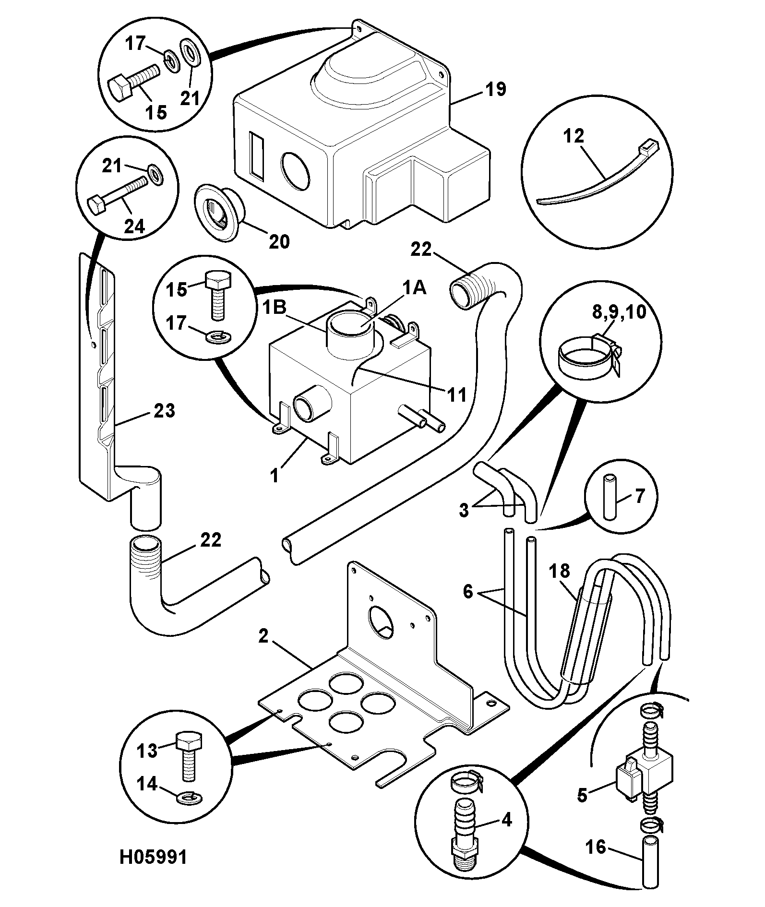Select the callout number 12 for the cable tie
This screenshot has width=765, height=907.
[x=574, y=136]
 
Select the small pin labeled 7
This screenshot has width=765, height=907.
[x=610, y=497]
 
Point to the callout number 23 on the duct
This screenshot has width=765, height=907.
[x=164, y=411]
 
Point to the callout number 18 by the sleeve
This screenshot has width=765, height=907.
[x=560, y=571]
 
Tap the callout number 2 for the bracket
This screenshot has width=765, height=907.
[x=263, y=636]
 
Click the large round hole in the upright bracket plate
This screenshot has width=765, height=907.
[x=380, y=621]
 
